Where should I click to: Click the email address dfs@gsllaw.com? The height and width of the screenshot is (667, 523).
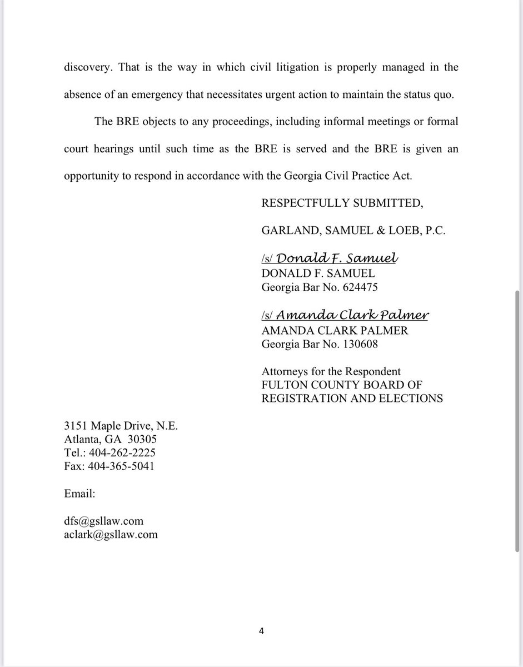(x=103, y=521)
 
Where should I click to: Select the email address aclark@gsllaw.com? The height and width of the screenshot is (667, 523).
(x=111, y=535)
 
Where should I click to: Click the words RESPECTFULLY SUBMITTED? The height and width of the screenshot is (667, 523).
(x=342, y=203)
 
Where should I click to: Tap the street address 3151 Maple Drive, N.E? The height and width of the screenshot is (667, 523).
(x=120, y=426)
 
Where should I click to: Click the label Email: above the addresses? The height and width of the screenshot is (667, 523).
(x=79, y=493)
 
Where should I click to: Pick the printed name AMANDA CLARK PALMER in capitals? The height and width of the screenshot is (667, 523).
(x=335, y=330)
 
